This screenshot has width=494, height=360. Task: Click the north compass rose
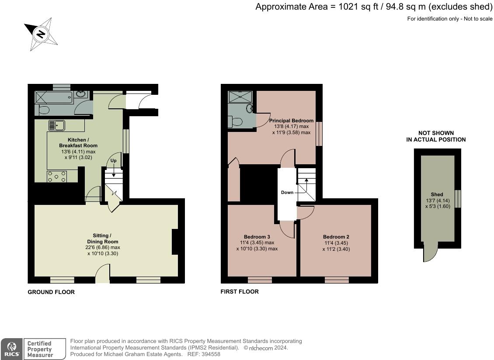[x=41, y=34]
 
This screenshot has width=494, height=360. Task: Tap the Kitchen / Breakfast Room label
[x=78, y=143]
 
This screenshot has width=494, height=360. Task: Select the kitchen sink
[x=57, y=125]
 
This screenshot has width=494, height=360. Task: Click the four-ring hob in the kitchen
[x=57, y=177]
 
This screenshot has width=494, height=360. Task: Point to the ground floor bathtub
[x=54, y=97]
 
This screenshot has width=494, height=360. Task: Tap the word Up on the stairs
[x=113, y=161]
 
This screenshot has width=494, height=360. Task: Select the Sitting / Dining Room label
[x=102, y=239]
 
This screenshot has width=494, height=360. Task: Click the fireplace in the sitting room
[x=175, y=242]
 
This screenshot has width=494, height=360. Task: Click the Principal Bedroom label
[x=291, y=120]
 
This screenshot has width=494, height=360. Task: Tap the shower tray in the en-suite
[x=240, y=97]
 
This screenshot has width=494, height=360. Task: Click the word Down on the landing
[x=287, y=192]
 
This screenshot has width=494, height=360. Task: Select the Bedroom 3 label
[x=257, y=237]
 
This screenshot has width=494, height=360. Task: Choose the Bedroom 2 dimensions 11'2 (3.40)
[x=336, y=249]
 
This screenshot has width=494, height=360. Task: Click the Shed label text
[x=437, y=194]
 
